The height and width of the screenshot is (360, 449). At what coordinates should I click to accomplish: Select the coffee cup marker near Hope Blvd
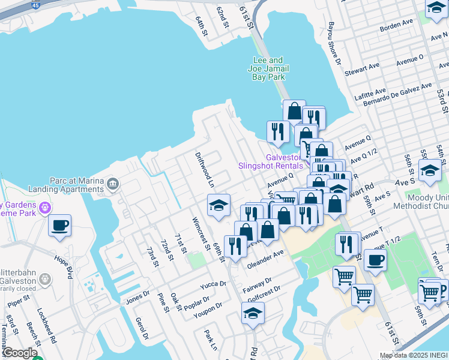click(59, 226)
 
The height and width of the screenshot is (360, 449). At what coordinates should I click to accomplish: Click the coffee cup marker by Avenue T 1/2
click(375, 260)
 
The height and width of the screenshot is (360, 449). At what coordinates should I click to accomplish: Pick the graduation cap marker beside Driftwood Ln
click(219, 205)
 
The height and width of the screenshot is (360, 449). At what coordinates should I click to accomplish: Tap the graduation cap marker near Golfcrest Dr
click(253, 313)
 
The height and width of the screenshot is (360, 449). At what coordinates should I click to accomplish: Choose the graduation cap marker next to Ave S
click(430, 170)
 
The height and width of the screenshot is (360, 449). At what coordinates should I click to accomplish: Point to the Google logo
click(19, 353)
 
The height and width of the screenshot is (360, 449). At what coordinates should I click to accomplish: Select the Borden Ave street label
click(396, 25)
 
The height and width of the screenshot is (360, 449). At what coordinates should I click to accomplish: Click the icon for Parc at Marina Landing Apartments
click(113, 182)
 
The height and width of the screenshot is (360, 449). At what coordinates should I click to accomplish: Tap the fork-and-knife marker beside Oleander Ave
click(235, 245)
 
